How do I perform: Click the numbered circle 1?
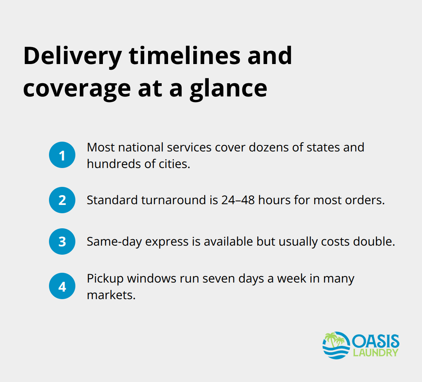coord(62,155)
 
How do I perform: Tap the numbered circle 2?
coord(62,200)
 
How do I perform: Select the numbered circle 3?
coord(62,241)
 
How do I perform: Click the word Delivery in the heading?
coord(72,56)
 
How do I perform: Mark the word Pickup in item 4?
coord(105,279)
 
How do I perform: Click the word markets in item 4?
coord(111,295)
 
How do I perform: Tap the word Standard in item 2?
coord(112,200)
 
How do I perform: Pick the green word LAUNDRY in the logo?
coord(375,353)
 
